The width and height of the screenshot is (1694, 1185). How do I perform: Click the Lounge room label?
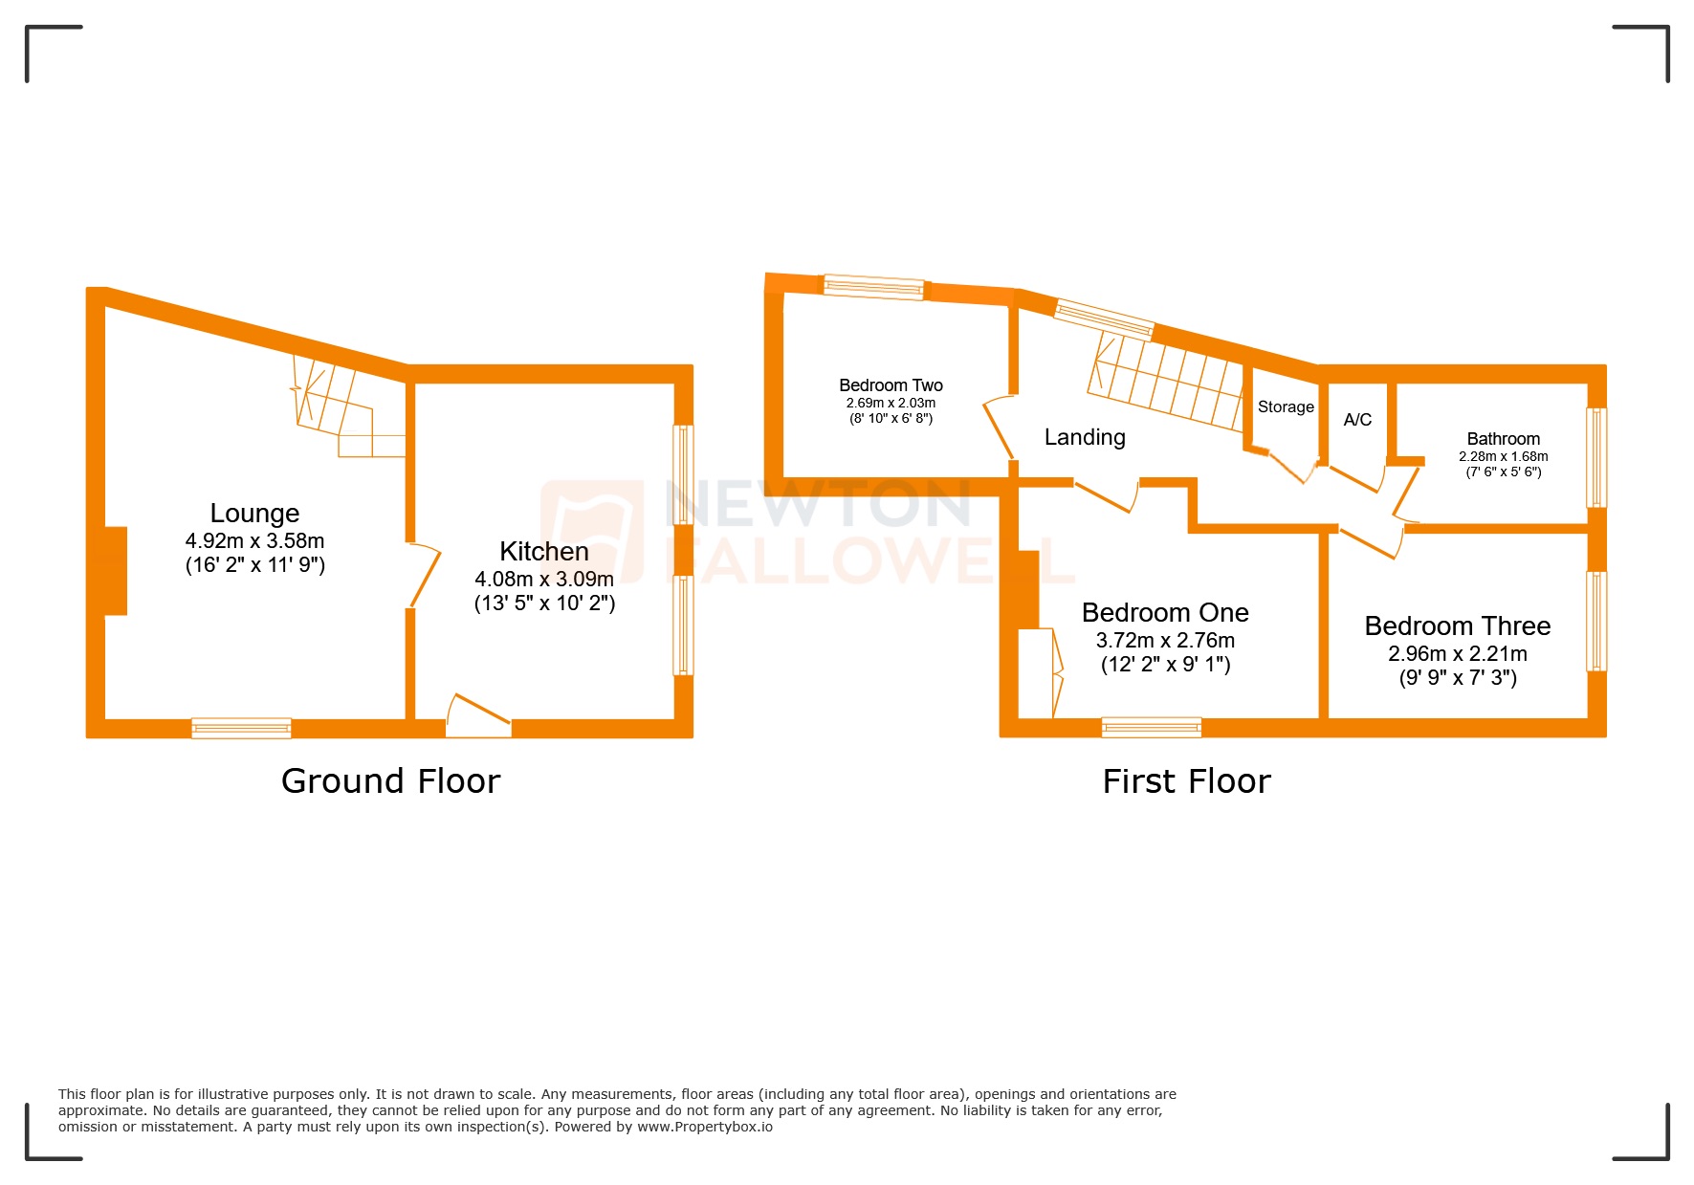click(254, 514)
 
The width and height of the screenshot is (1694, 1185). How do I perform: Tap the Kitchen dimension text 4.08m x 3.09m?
click(544, 579)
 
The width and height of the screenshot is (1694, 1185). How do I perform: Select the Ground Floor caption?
click(390, 781)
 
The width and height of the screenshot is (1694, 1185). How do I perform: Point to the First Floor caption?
click(1186, 781)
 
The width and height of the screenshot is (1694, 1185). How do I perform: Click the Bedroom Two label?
click(891, 385)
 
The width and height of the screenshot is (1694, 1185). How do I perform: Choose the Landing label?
click(1085, 437)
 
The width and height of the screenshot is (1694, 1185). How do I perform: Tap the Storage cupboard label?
click(1286, 406)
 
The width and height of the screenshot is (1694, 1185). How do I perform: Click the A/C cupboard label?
click(1357, 420)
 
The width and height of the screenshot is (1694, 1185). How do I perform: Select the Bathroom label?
click(1503, 439)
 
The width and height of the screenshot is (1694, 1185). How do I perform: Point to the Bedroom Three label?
click(1457, 626)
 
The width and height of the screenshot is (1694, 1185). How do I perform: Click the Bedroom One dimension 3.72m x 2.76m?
click(1165, 641)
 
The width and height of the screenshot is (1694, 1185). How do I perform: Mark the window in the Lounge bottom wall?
click(241, 729)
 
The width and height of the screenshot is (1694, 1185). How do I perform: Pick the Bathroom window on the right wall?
click(1596, 457)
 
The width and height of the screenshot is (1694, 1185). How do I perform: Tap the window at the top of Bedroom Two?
click(873, 287)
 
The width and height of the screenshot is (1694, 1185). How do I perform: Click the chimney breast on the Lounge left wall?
click(115, 571)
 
